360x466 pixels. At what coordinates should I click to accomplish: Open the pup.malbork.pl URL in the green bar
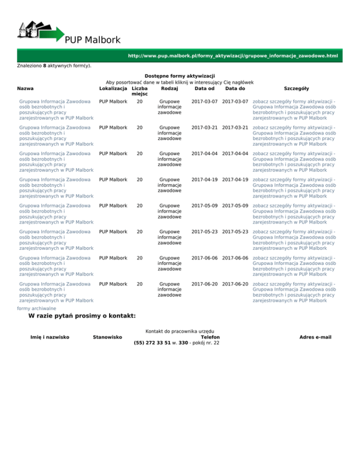(x=233, y=56)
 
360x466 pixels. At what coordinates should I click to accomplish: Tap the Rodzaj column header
(x=169, y=88)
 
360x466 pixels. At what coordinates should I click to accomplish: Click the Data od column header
(x=204, y=88)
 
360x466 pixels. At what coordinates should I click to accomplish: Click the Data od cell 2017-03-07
(x=204, y=102)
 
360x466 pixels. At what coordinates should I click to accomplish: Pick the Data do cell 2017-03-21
(x=235, y=127)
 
